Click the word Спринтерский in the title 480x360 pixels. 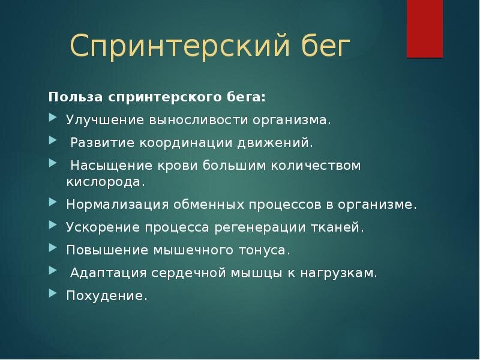tap(180, 46)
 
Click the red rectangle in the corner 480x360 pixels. tap(425, 29)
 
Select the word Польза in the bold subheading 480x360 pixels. tap(76, 97)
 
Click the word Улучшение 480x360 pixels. tap(105, 120)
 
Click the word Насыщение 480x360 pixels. tap(112, 166)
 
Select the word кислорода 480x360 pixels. tap(106, 182)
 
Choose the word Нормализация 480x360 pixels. tap(118, 205)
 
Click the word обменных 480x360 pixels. tap(209, 205)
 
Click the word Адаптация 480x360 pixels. tap(109, 273)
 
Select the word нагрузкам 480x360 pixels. tap(338, 273)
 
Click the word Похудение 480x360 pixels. tap(107, 295)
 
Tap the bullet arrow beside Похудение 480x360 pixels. tap(53, 293)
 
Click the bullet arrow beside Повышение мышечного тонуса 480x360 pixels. tap(53, 248)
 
